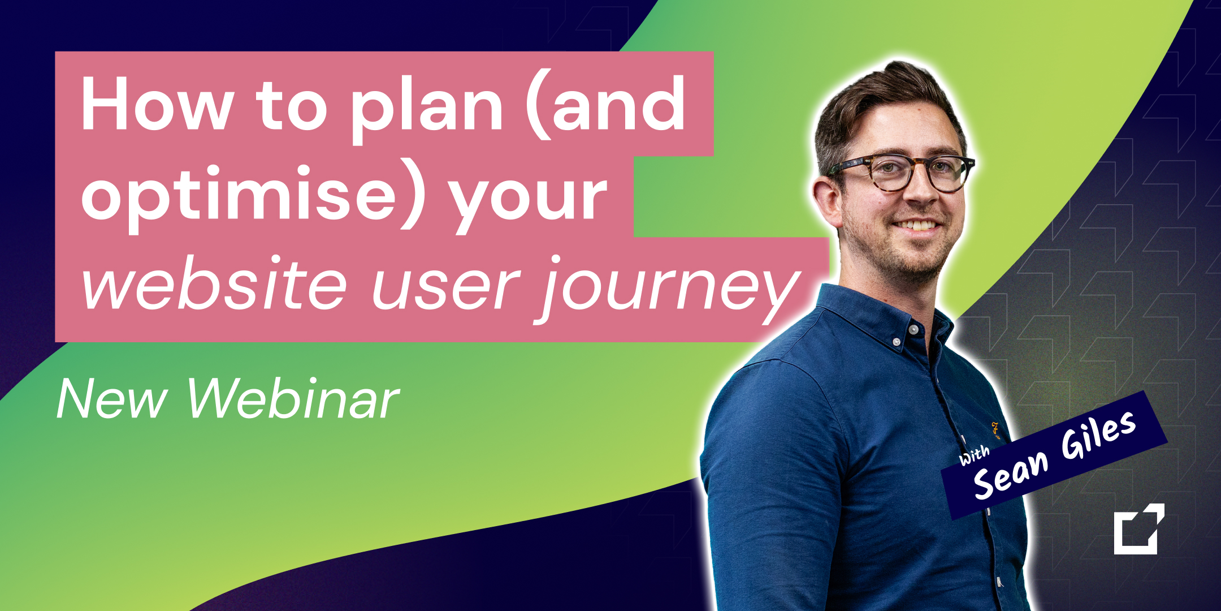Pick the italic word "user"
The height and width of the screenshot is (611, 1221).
446,289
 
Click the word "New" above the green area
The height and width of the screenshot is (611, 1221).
112,399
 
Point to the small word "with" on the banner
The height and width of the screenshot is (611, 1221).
974,455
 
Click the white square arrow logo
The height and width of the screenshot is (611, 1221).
1139,529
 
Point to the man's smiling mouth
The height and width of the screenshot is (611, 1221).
917,225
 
